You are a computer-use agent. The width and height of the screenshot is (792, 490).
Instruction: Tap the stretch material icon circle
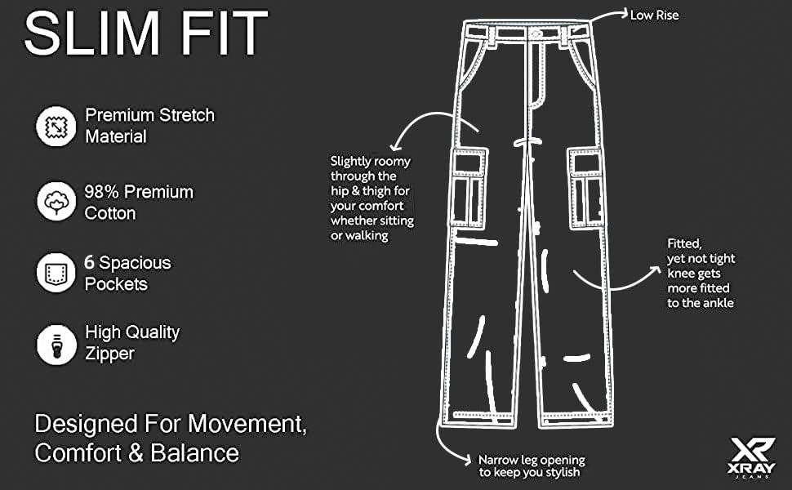coord(56,127)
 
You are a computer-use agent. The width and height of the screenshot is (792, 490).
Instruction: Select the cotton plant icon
coord(56,202)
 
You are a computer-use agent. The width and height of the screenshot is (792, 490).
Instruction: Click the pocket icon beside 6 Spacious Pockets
coord(56,273)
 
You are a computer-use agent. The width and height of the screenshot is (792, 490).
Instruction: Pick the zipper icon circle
coord(56,345)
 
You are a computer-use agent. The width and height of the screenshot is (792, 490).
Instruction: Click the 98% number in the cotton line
coord(101,192)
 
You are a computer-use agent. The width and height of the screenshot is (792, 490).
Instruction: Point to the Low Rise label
coord(654,16)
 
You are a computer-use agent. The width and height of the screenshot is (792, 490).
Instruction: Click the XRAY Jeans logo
coord(752,457)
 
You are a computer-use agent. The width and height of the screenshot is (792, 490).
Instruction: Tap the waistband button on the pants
coord(536,33)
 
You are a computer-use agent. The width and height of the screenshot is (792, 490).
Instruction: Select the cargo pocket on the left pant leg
coord(468,188)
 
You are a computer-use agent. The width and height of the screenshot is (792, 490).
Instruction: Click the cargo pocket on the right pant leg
coord(586,188)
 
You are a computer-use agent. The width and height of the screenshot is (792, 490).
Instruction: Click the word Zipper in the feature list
coord(109,354)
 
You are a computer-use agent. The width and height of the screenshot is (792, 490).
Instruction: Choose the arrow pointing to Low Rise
coord(608,16)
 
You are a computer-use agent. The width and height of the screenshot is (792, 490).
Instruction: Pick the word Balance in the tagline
coord(195,452)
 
